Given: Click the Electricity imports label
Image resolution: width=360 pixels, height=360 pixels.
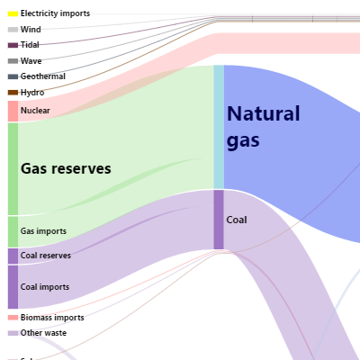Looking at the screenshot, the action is [x=55, y=13].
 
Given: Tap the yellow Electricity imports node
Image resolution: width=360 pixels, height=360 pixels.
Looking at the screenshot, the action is [x=13, y=13].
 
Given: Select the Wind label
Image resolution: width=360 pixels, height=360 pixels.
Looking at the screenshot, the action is [x=31, y=30].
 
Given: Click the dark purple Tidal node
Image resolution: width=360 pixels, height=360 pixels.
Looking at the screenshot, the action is [x=13, y=45].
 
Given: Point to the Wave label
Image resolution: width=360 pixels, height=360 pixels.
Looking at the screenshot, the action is [x=31, y=61].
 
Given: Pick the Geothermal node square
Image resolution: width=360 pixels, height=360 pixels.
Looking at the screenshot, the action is [x=13, y=76].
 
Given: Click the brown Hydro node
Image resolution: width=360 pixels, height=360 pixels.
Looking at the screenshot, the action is [x=13, y=93].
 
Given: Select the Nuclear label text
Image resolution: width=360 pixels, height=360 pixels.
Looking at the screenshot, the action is [x=35, y=111].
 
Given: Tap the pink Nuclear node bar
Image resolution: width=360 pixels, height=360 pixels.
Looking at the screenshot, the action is [x=13, y=112].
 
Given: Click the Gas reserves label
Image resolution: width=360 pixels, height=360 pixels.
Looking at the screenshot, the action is [x=66, y=168].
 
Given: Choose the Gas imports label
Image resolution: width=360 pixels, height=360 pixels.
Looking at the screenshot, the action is [x=43, y=231].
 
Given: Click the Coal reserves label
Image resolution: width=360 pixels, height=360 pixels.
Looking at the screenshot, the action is [x=46, y=256].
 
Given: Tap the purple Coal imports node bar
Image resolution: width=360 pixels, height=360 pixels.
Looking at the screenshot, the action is [x=13, y=287].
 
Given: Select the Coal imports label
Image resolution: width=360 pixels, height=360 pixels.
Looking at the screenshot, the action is [x=45, y=287].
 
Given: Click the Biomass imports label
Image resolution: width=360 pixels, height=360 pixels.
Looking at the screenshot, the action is [x=52, y=318].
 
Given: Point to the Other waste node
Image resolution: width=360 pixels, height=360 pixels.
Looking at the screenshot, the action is [x=13, y=333].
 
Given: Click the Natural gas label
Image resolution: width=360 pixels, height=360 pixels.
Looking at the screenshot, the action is [x=264, y=127].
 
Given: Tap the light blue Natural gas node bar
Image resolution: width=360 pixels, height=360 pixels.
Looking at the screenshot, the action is [x=219, y=127].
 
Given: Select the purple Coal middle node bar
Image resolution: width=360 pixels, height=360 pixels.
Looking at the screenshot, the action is [x=219, y=220].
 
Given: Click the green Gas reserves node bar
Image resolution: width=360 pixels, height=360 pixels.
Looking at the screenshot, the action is [x=13, y=169].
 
